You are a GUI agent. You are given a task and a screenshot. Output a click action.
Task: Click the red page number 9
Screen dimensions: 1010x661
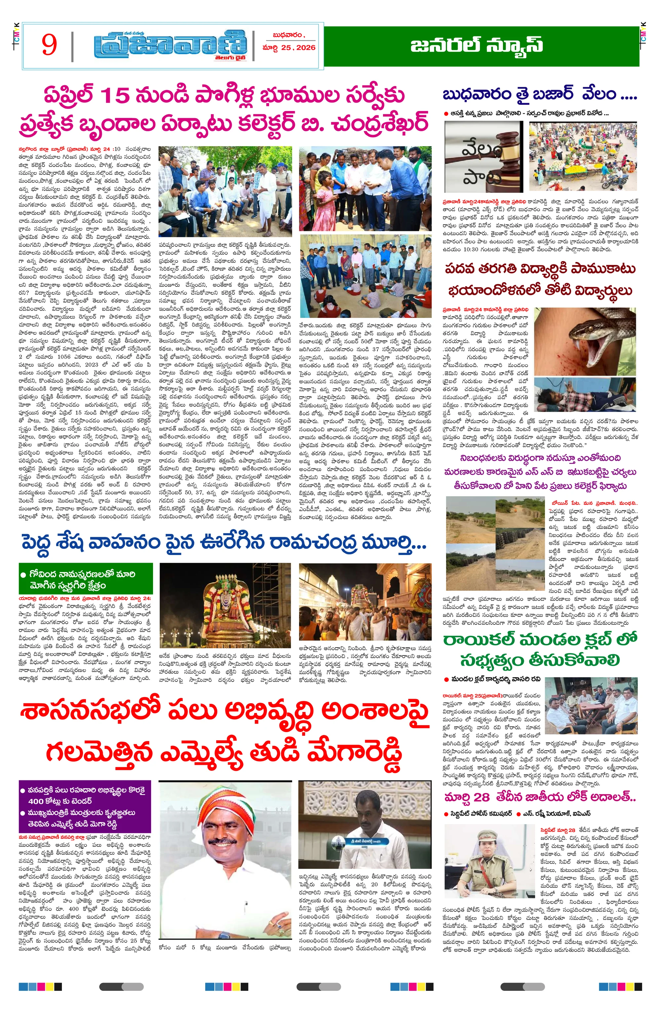tap(49, 45)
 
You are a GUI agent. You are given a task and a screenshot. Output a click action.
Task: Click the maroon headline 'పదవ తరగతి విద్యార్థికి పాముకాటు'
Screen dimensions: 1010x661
tap(540, 270)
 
